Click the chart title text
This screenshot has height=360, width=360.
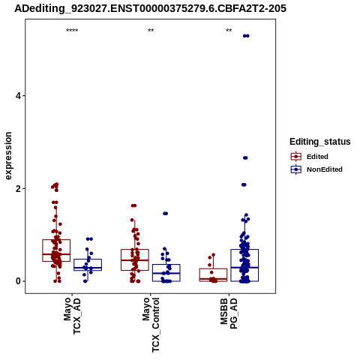150,8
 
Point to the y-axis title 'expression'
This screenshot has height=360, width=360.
8,156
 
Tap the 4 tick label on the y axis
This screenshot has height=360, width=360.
18,96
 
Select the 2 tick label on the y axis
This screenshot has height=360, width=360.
18,188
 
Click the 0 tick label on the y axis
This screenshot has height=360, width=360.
18,281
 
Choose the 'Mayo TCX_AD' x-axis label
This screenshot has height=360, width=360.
72,316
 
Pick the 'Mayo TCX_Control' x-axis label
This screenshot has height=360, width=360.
151,325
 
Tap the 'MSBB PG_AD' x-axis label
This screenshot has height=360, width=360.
229,313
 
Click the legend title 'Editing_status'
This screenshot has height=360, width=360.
320,142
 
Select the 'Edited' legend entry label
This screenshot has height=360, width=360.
317,157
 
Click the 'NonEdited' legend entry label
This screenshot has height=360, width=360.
325,169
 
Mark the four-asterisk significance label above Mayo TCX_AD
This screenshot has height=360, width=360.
72,31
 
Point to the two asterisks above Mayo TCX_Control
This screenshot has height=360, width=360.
151,31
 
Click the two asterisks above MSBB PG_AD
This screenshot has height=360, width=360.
229,31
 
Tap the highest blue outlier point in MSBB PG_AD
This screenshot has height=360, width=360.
246,36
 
